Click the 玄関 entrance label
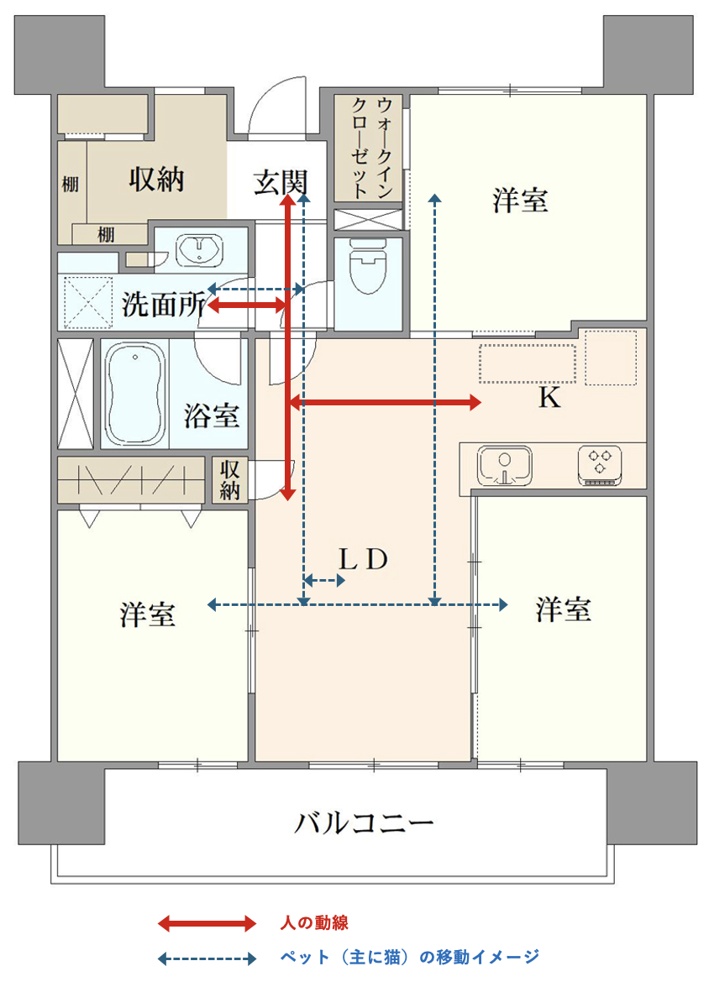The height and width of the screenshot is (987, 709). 280,182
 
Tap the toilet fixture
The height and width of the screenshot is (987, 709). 368,266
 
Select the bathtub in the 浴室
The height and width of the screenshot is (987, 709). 134,394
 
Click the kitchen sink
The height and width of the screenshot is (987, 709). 504,466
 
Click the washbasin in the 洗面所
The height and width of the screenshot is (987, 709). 199,249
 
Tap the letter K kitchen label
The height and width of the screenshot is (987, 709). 549,398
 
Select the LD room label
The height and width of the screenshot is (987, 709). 363,559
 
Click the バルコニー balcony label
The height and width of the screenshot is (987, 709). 365,822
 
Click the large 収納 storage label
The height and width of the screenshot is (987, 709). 156,180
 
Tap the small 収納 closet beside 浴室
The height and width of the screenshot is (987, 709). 229,480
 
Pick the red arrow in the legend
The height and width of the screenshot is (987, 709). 207,923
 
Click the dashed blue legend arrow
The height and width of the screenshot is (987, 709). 207,958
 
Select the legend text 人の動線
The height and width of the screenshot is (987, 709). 314,923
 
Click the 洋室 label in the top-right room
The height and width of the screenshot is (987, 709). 520,201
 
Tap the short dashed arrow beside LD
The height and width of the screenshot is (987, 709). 324,581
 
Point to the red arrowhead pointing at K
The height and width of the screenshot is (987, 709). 475,402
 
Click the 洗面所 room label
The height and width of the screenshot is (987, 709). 163,305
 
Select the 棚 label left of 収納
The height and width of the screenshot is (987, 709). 70,184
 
